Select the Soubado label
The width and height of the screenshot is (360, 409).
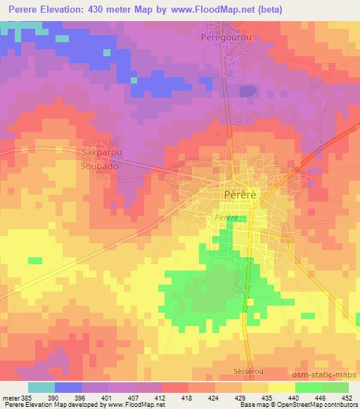tap(98, 169)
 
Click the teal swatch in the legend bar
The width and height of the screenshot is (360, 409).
tap(41, 387)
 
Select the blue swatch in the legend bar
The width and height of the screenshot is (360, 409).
tap(68, 387)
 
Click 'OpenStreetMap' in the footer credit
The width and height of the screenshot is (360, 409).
tap(328, 405)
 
